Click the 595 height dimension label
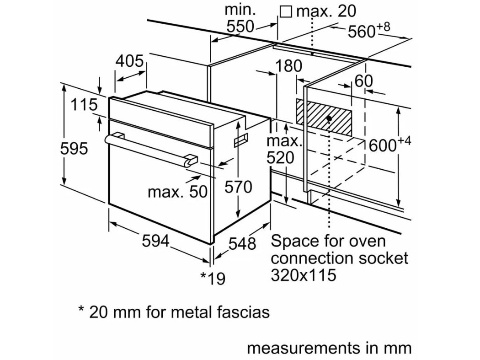74,148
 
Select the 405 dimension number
130,61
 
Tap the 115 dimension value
84,105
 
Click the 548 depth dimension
242,243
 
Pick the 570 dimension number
238,187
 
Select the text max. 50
177,192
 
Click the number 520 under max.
281,158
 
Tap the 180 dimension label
288,66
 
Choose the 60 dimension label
363,81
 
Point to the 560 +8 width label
369,31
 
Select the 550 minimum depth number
240,27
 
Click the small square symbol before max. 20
286,11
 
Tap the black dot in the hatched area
329,118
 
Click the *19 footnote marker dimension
213,278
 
